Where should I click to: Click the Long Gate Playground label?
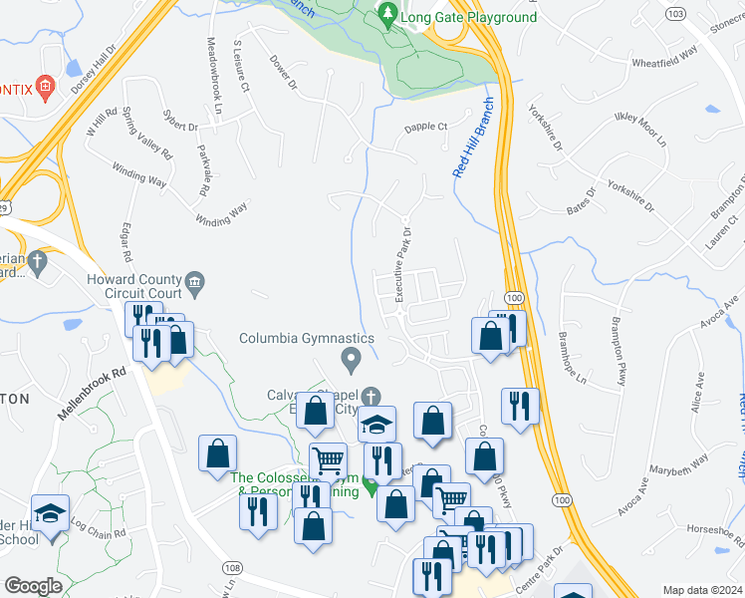(x=468, y=17)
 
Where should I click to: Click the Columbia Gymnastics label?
(x=307, y=338)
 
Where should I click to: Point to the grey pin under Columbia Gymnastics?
(x=350, y=357)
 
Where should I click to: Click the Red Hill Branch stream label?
(x=473, y=138)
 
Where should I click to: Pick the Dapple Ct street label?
(x=426, y=128)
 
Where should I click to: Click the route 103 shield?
(x=677, y=14)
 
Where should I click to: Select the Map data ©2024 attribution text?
(x=701, y=590)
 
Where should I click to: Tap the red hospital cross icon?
(x=44, y=88)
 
